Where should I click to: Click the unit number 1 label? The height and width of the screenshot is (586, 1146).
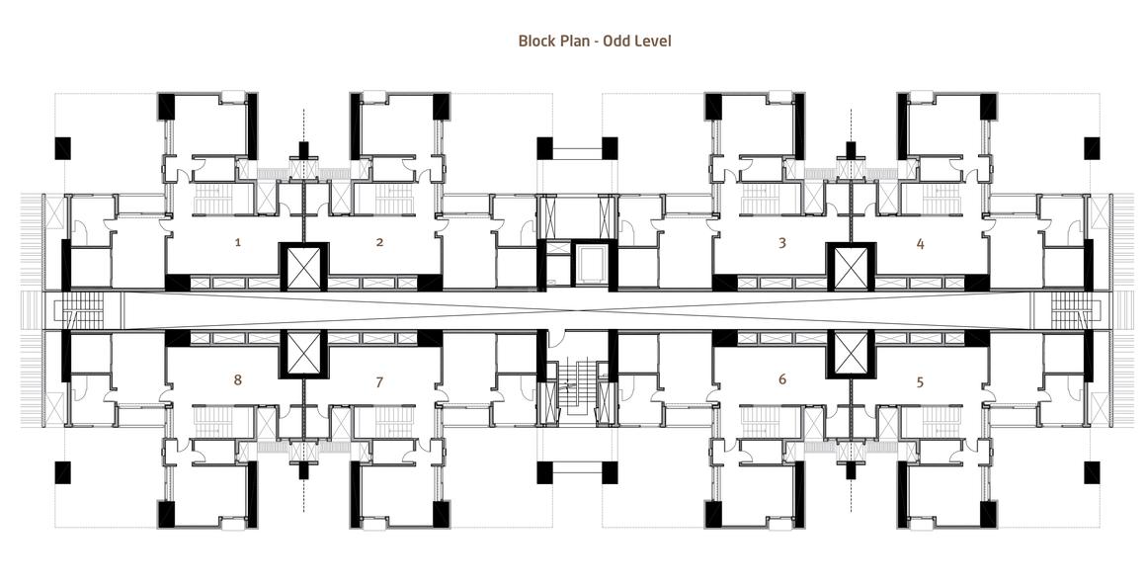(x=237, y=242)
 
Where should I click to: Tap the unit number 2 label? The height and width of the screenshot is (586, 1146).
(x=379, y=242)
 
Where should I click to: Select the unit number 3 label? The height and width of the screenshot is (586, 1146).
(x=782, y=242)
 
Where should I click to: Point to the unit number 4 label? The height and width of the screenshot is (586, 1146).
(x=920, y=243)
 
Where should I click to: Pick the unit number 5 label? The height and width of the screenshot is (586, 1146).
(x=920, y=381)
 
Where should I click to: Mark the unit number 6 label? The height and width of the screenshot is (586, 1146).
(x=782, y=379)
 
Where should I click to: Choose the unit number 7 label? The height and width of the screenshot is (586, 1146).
(x=379, y=381)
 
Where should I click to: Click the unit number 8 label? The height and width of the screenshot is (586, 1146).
(x=237, y=379)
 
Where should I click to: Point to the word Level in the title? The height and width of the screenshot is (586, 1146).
(x=652, y=41)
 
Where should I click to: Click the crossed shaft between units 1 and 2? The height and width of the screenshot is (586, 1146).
(x=304, y=268)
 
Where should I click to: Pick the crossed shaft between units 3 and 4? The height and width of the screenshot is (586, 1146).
(x=851, y=268)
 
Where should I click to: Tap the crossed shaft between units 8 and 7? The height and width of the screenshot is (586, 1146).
(x=304, y=353)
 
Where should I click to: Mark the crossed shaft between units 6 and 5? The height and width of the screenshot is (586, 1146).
(x=851, y=353)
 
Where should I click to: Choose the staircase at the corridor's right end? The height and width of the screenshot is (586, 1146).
(x=1072, y=310)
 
